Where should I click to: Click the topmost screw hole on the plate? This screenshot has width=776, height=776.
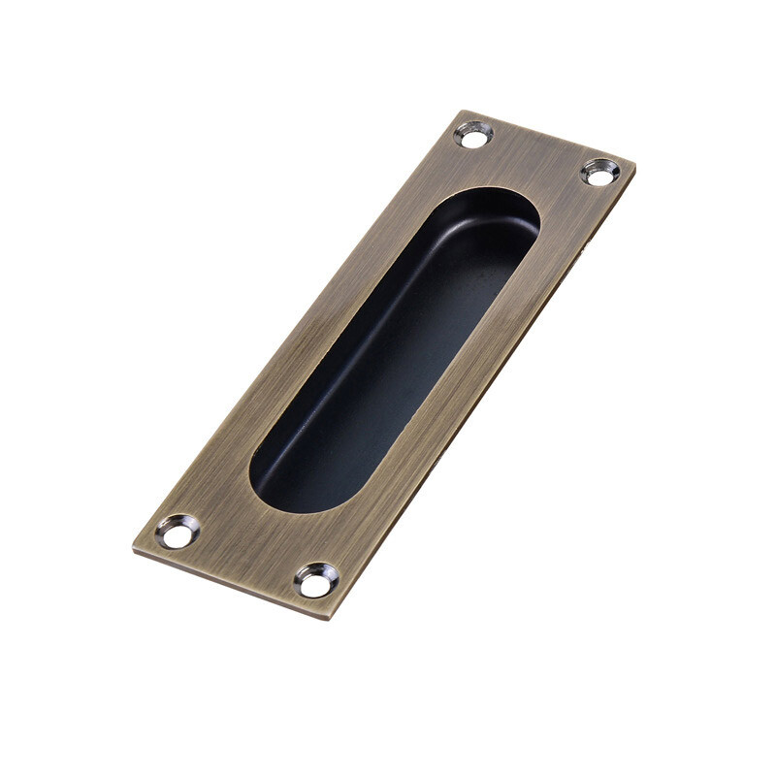(x=473, y=134)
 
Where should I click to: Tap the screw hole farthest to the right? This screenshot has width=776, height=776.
(x=600, y=173)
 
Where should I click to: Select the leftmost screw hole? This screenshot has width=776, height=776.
(x=178, y=531)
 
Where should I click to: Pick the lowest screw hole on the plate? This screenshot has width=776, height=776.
(x=316, y=580)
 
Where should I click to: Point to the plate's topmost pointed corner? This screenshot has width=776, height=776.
(x=464, y=112)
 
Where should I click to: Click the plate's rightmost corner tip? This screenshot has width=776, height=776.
(x=635, y=165)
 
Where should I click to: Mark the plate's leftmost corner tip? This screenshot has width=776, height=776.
(x=133, y=549)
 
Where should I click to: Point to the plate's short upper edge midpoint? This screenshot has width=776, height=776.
(x=549, y=137)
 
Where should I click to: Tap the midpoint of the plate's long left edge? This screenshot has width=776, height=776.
(x=298, y=330)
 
